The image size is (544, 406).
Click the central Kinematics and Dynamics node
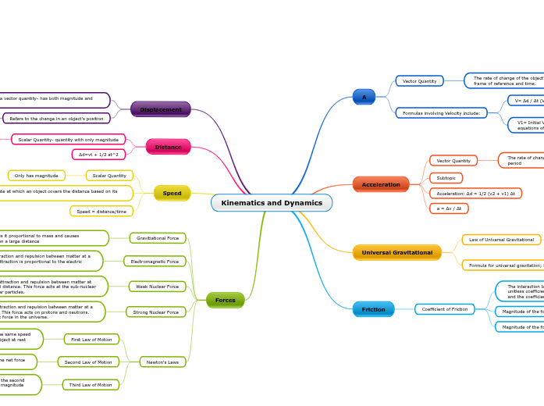point(271,203)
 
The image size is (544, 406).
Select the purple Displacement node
point(161,109)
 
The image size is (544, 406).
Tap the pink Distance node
point(168,147)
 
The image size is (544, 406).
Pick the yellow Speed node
point(172,193)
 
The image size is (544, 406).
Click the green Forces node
point(225,300)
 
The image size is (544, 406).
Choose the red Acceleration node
point(381,184)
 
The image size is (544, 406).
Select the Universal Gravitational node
point(396,252)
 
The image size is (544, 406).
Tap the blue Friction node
point(373,309)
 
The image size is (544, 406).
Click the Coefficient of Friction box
point(444,309)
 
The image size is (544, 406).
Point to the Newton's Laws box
point(162,361)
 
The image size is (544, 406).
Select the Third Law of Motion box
point(91,384)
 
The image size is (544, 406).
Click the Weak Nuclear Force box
point(157,287)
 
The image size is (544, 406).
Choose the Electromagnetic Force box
point(155,262)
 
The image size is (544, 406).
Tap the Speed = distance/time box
point(101,211)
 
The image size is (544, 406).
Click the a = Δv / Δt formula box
point(449,208)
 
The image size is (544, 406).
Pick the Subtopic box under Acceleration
point(446,178)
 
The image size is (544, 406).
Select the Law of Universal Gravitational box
point(501,240)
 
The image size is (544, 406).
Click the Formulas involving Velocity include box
point(441,113)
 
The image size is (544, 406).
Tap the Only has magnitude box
point(37,176)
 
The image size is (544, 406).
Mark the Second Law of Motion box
point(88,361)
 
